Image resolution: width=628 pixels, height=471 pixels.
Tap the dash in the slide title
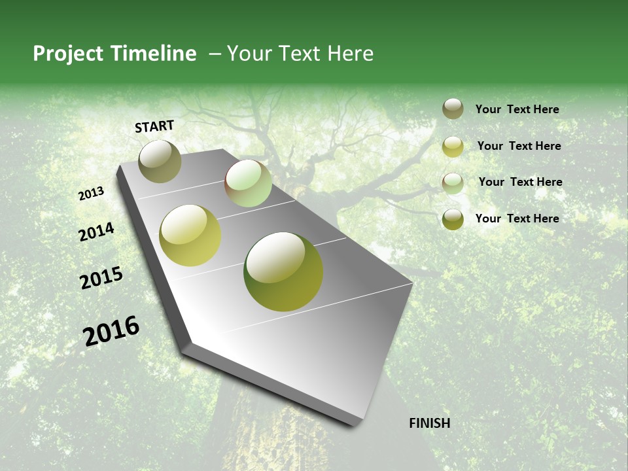215,54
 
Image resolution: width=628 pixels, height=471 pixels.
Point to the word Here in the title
351,54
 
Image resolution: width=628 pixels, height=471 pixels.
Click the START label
154,126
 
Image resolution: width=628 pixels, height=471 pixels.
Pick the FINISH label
430,423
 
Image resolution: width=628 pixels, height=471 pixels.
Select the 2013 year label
92,194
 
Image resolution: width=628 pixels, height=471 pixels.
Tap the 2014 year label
96,232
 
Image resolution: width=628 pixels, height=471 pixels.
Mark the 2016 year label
111,331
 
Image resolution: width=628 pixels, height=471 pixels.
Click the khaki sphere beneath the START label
160,161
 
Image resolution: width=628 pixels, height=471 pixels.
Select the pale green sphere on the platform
249,183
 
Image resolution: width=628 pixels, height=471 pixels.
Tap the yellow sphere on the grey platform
190,235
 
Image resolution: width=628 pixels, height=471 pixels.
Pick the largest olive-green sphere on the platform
283,271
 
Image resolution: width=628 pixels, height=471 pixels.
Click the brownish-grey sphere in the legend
453,109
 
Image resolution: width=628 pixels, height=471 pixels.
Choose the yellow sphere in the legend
453,147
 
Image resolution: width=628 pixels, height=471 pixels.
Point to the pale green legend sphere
453,183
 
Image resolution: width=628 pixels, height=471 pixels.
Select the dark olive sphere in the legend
453,219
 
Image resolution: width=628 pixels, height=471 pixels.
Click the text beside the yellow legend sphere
519,146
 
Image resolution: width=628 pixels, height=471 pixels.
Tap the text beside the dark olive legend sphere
517,218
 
